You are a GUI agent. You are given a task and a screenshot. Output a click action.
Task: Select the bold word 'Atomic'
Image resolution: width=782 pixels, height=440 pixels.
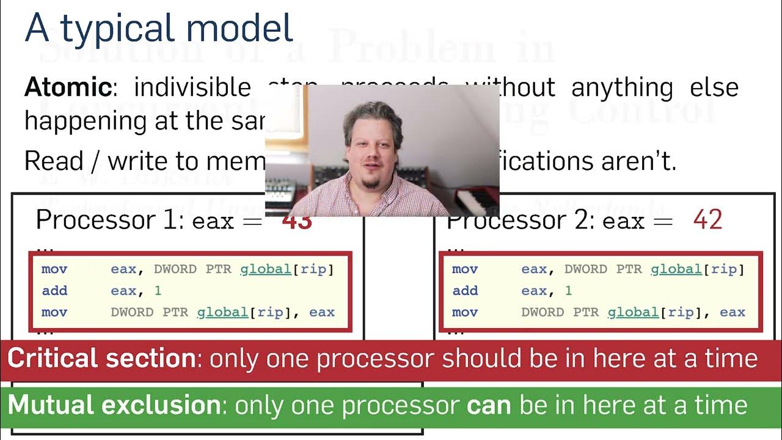point(68,88)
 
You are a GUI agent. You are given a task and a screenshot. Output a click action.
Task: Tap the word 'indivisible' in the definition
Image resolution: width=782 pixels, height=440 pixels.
point(192,88)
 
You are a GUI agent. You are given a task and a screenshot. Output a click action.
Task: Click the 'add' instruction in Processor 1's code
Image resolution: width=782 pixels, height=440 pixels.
point(54,291)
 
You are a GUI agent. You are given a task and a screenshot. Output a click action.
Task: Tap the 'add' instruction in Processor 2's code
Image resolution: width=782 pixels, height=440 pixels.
point(465,291)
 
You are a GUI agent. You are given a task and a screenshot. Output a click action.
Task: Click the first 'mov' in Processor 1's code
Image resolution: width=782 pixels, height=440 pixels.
point(54,269)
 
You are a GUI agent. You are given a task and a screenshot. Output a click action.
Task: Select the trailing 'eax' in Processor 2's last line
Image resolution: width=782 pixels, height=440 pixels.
point(732,312)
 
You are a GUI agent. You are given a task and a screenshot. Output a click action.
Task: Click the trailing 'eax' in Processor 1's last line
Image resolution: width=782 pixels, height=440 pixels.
point(321,312)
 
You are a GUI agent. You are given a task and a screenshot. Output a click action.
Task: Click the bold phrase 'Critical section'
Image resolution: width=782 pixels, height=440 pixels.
point(101,358)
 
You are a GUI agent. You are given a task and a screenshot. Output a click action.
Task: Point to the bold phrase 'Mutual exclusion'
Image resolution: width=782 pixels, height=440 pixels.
point(114,405)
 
